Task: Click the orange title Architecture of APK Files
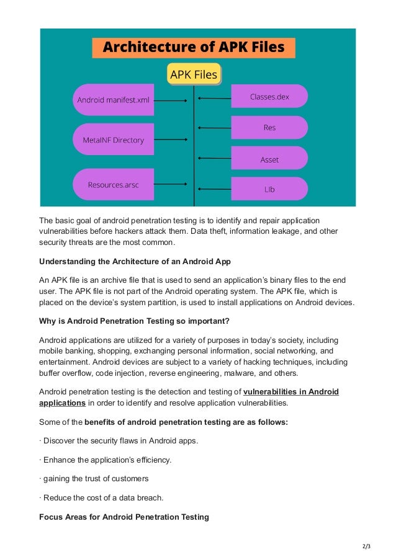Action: tap(193, 48)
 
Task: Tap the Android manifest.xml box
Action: tap(113, 100)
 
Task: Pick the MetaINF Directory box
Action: tap(113, 140)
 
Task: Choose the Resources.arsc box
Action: tap(113, 184)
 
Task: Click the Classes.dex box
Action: tap(269, 97)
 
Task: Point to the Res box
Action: tap(269, 128)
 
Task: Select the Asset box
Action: tap(269, 159)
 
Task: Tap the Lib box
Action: tap(269, 189)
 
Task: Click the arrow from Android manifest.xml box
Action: tap(171, 100)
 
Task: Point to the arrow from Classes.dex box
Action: tap(215, 98)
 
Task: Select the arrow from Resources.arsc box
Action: tap(171, 184)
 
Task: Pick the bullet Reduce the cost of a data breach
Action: tap(101, 498)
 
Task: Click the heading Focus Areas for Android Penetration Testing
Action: tap(124, 517)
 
